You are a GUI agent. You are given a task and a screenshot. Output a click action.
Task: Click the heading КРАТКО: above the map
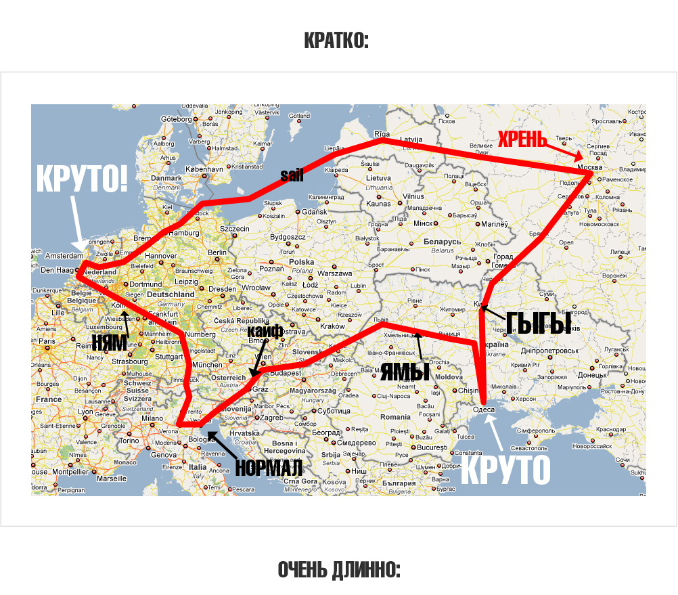tap(336, 41)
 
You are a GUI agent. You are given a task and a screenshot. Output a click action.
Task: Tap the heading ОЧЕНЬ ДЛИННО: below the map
tap(339, 570)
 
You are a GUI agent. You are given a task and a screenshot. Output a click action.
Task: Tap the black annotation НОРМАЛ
tap(268, 467)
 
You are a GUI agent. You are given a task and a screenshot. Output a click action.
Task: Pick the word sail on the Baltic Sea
tap(292, 176)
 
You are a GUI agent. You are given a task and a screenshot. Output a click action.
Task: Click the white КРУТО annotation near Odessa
tap(505, 469)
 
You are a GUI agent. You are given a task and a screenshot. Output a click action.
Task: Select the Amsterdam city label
tap(64, 256)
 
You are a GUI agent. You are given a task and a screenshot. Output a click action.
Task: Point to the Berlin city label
tap(217, 252)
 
